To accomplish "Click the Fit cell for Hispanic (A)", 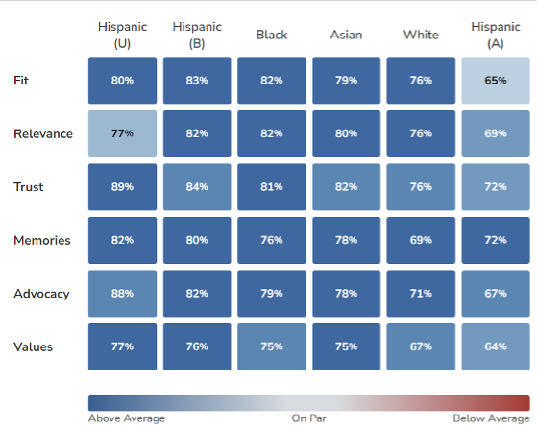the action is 496,81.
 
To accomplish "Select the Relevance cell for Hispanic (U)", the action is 122,133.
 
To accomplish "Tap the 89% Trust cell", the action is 122,187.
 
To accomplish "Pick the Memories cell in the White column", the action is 421,240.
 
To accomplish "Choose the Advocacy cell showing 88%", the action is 122,294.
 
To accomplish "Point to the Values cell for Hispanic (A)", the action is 496,346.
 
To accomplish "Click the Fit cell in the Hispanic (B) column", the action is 197,81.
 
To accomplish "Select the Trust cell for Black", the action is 271,187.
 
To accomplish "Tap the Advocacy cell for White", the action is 421,294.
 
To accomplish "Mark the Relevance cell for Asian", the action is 346,133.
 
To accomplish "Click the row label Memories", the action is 42,240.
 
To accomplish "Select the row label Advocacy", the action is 41,294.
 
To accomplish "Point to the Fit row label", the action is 21,81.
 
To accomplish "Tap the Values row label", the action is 33,347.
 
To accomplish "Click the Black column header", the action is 271,35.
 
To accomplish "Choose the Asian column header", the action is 346,35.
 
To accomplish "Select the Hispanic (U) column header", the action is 122,35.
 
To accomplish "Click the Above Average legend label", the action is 127,418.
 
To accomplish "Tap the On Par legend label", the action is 308,418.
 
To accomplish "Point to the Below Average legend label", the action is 491,418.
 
